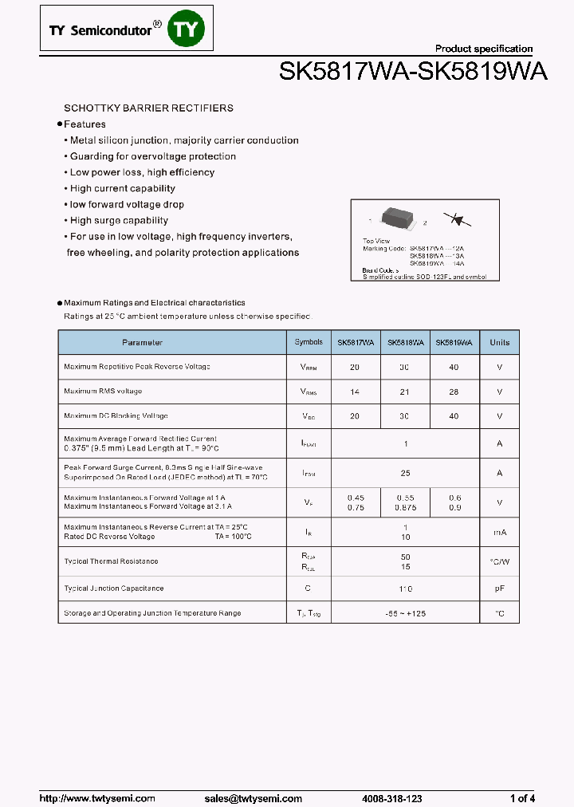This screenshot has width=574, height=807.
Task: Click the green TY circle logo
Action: point(189,30)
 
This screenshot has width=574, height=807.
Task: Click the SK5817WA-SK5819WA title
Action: point(413,73)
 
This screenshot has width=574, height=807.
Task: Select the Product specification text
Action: point(483,49)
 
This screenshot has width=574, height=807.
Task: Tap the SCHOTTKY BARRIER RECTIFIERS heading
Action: point(148,108)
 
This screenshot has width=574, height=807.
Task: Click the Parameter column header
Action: point(142,343)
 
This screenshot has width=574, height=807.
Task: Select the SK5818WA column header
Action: point(405,343)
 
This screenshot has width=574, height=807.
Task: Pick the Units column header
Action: point(499,343)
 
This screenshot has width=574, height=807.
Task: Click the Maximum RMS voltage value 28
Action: point(454,392)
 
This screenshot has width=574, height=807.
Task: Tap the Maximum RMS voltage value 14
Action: point(354,392)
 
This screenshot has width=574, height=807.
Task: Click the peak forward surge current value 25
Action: point(405,473)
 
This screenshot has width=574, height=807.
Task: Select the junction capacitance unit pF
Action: point(499,589)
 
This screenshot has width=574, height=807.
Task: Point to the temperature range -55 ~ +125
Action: point(405,613)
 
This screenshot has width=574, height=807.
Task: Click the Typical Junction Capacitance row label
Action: point(113,589)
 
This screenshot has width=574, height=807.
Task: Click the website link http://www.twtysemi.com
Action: point(97,798)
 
